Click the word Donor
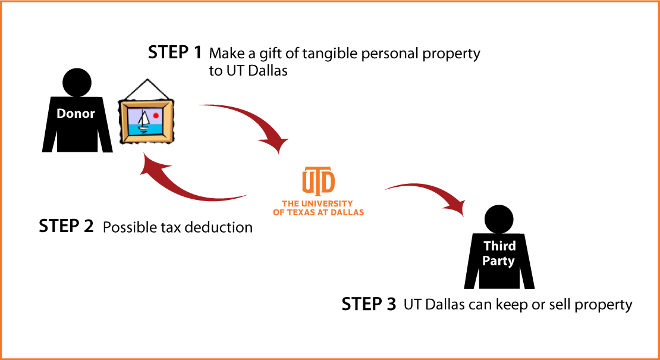(x=76, y=114)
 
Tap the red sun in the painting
(x=156, y=115)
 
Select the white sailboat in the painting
(x=144, y=121)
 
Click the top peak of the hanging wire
(x=146, y=79)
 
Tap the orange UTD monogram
(x=318, y=180)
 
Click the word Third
(x=499, y=246)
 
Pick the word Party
(x=498, y=261)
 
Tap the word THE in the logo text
(x=290, y=204)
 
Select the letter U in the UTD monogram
(x=309, y=180)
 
